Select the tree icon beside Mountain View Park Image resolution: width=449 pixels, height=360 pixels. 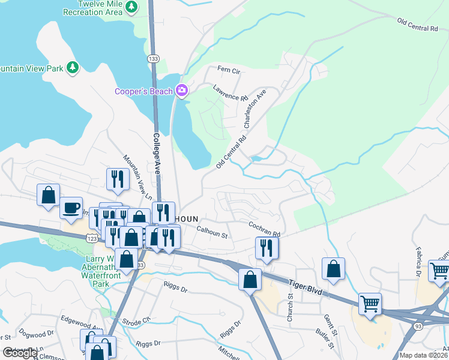(73, 67)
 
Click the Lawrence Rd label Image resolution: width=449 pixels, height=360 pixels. (231, 93)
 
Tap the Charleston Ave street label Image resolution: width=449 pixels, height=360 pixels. (255, 109)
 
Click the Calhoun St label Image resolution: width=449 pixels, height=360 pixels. (212, 232)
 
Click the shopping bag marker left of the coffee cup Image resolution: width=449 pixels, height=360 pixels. (48, 195)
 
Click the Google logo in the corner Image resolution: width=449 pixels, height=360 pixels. (20, 353)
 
